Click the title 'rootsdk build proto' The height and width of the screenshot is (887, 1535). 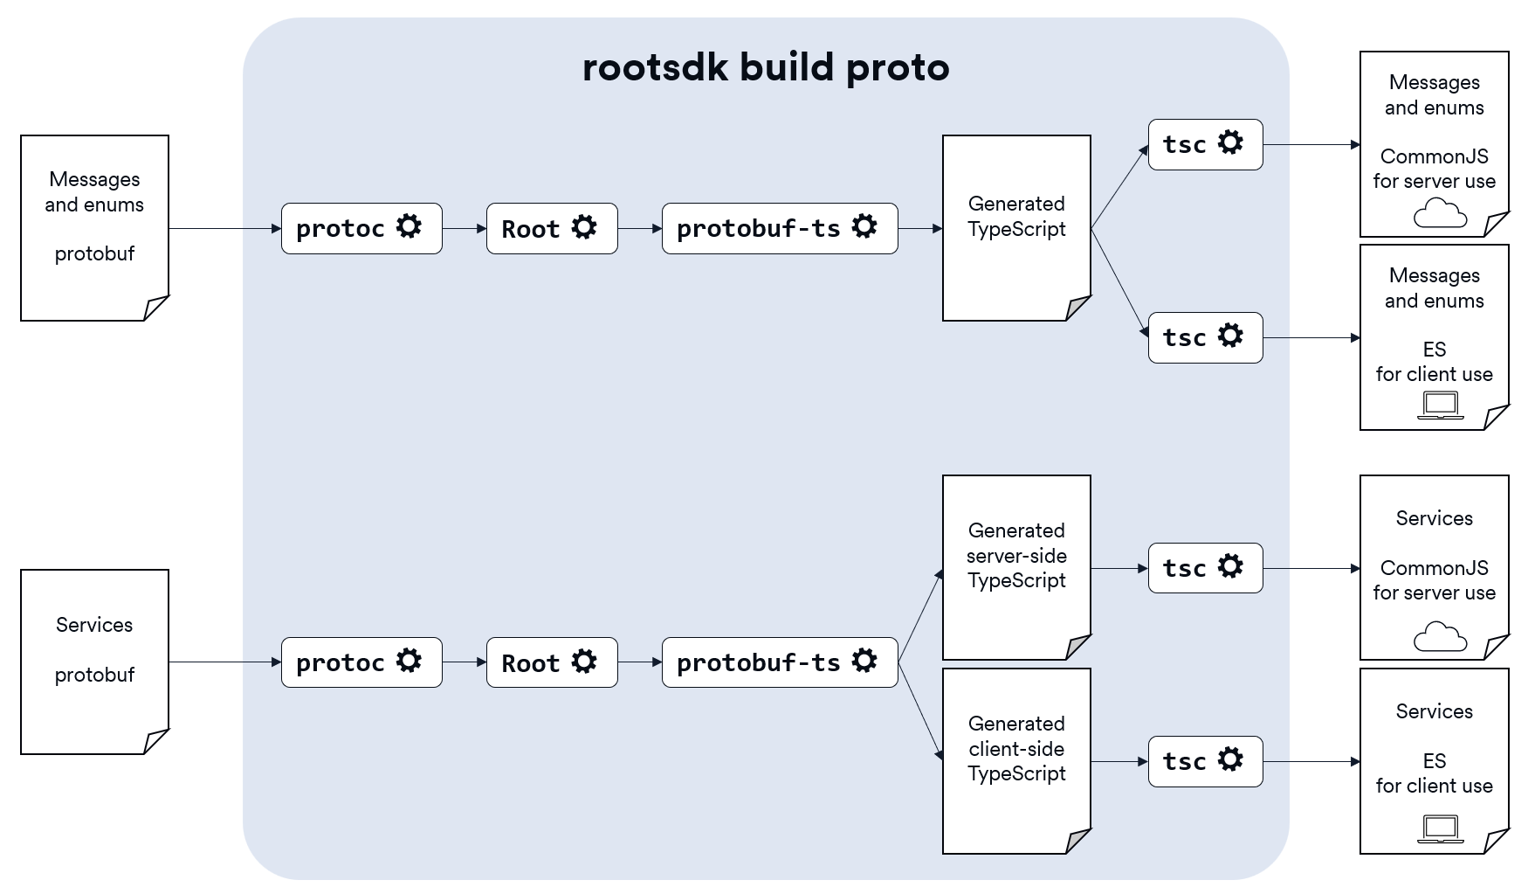click(x=766, y=67)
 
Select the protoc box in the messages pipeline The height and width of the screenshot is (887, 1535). click(x=361, y=228)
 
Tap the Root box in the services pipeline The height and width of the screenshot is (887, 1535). click(x=552, y=662)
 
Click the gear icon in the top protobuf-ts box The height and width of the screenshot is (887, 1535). click(x=864, y=226)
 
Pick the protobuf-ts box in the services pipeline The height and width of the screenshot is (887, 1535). click(x=780, y=662)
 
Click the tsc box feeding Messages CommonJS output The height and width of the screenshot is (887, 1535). click(x=1205, y=144)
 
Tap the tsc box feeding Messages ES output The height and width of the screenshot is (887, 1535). click(x=1205, y=337)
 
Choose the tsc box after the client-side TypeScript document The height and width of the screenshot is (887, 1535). click(x=1205, y=761)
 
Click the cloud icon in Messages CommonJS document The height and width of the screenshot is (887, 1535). click(x=1440, y=213)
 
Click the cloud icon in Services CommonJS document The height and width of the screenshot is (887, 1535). click(x=1440, y=637)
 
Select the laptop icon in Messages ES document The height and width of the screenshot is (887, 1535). click(x=1440, y=405)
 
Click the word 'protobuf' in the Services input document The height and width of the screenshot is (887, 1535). click(x=94, y=675)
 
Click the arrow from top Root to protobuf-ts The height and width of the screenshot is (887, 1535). click(x=639, y=228)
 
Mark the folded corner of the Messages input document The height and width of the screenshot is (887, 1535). click(x=155, y=308)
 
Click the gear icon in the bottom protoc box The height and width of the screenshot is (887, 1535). click(x=409, y=661)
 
